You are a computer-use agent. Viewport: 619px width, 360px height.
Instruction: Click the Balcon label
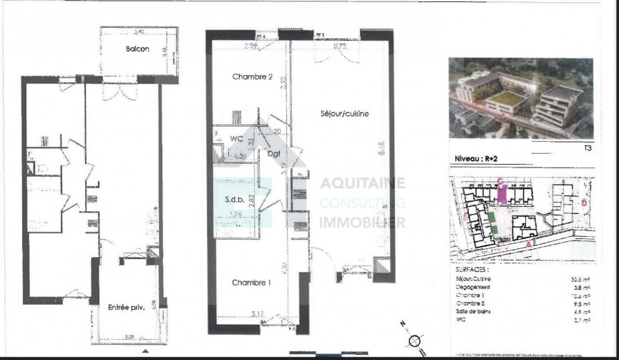[137, 49]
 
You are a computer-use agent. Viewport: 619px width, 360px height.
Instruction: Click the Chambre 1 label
[250, 283]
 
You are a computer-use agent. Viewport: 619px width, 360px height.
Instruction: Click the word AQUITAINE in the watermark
[362, 184]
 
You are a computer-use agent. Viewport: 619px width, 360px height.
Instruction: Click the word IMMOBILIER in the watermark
[362, 223]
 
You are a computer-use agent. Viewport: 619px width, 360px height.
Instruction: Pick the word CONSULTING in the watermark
[362, 203]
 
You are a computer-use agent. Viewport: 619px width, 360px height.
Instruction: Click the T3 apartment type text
[586, 149]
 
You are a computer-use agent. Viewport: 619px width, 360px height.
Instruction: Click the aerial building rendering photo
[520, 97]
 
